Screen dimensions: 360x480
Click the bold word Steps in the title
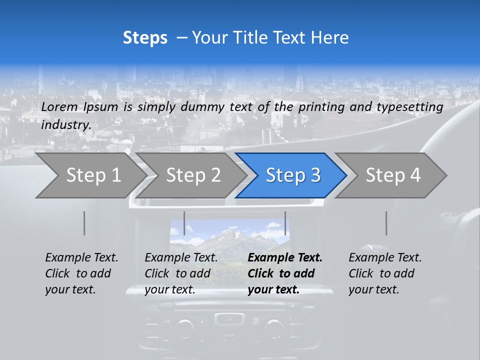pyautogui.click(x=145, y=37)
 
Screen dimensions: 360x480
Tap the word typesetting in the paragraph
pyautogui.click(x=409, y=106)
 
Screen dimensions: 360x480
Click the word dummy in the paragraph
pyautogui.click(x=205, y=106)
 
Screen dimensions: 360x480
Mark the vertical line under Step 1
pyautogui.click(x=84, y=223)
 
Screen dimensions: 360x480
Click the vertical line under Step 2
pyautogui.click(x=184, y=223)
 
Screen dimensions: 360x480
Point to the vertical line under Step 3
pyautogui.click(x=285, y=223)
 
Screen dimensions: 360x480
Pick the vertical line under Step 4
pyautogui.click(x=386, y=223)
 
